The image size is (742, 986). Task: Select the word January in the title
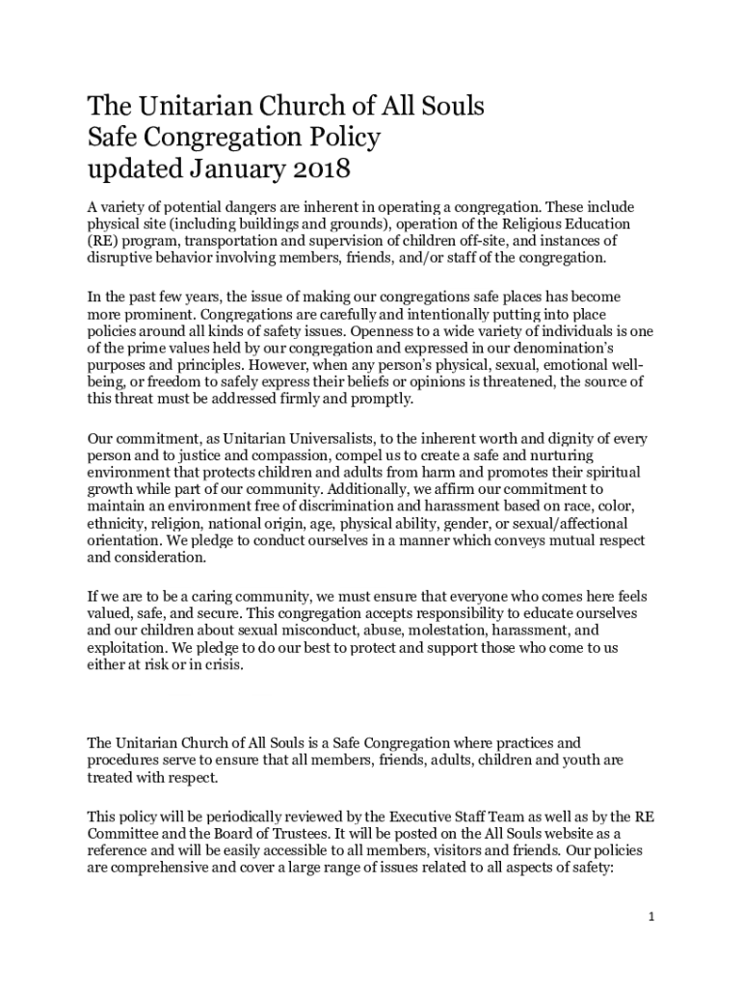(x=228, y=170)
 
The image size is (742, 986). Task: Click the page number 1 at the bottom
(x=651, y=917)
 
